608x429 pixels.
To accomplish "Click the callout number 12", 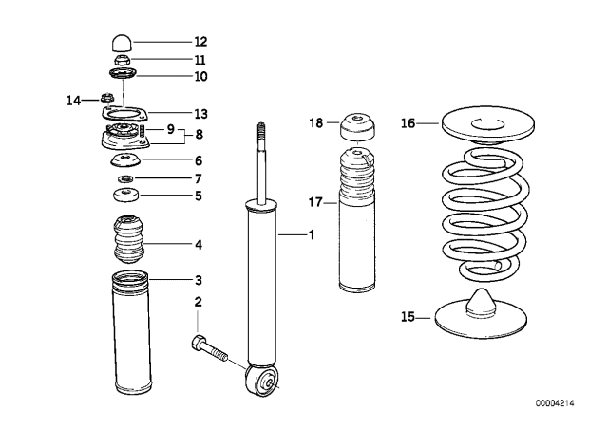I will [199, 42].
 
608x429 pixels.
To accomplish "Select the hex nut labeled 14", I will [107, 97].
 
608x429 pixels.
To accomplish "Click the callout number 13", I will [199, 111].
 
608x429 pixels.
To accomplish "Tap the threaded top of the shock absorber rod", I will [262, 133].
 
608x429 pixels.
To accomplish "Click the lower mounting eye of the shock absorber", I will [262, 382].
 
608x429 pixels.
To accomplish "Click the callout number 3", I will [198, 281].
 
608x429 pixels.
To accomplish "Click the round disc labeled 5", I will [125, 196].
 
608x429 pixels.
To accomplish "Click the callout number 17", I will [316, 201].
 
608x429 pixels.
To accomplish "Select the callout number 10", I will [199, 76].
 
